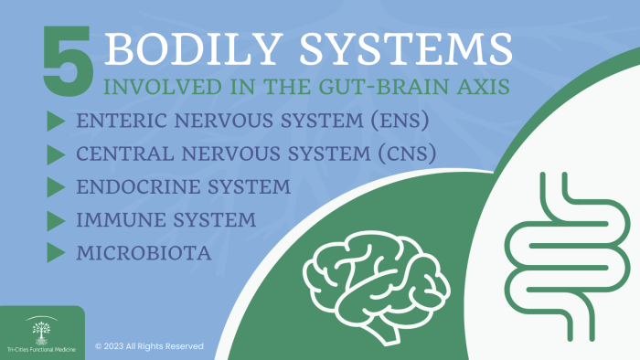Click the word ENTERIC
tap(120, 122)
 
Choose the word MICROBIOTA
tap(145, 252)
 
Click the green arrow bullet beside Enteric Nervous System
tap(55, 122)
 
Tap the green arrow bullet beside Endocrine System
tap(55, 187)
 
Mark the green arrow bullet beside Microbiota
tap(55, 252)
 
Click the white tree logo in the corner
tap(40, 325)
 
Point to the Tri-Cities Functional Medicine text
tap(42, 348)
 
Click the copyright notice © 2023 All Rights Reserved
tap(149, 346)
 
